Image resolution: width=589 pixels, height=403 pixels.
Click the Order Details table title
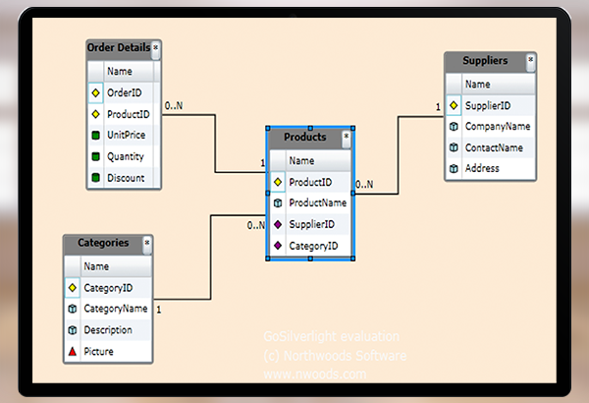click(119, 48)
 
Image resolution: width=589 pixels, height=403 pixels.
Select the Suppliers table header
click(485, 61)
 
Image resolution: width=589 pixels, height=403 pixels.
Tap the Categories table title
click(103, 243)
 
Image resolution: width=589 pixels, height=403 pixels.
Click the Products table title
click(304, 138)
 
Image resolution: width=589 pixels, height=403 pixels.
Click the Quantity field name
click(126, 157)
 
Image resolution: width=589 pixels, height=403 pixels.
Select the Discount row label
click(126, 179)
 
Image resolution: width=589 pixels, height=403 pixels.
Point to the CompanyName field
click(498, 127)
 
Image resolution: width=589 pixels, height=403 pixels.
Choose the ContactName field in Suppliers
click(494, 147)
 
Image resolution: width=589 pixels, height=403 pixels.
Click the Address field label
click(482, 169)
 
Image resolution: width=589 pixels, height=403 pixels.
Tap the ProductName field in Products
click(317, 202)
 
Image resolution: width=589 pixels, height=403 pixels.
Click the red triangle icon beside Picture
click(72, 351)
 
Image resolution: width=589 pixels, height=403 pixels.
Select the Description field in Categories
click(107, 329)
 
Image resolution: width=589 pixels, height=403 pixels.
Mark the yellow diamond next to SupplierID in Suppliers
click(454, 105)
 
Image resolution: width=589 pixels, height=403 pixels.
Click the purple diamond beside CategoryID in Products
click(278, 246)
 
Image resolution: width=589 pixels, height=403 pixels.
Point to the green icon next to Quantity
click(95, 157)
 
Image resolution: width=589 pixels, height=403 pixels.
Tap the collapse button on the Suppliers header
click(530, 60)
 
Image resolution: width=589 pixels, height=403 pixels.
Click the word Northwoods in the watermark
click(315, 356)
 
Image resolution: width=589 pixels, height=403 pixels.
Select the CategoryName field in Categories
click(115, 309)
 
